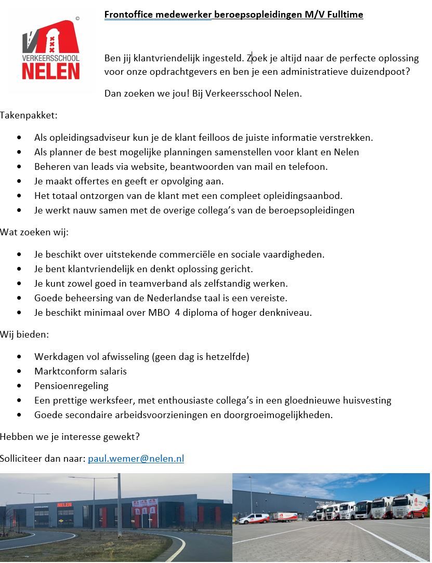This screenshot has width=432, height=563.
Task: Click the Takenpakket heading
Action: tap(29, 115)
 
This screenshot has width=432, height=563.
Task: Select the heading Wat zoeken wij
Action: tap(34, 232)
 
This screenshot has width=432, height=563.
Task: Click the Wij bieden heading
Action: tap(24, 334)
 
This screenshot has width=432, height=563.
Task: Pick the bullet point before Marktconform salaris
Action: tap(20, 371)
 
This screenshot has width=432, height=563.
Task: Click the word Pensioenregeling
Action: tap(71, 386)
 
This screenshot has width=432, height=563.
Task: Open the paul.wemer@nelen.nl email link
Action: tap(136, 459)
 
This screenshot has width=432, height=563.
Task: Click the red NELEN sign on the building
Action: tap(64, 504)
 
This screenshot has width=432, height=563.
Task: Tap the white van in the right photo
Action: tap(254, 518)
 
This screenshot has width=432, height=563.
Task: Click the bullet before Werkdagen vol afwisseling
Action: tap(20, 357)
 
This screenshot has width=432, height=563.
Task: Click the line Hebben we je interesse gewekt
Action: tap(70, 437)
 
